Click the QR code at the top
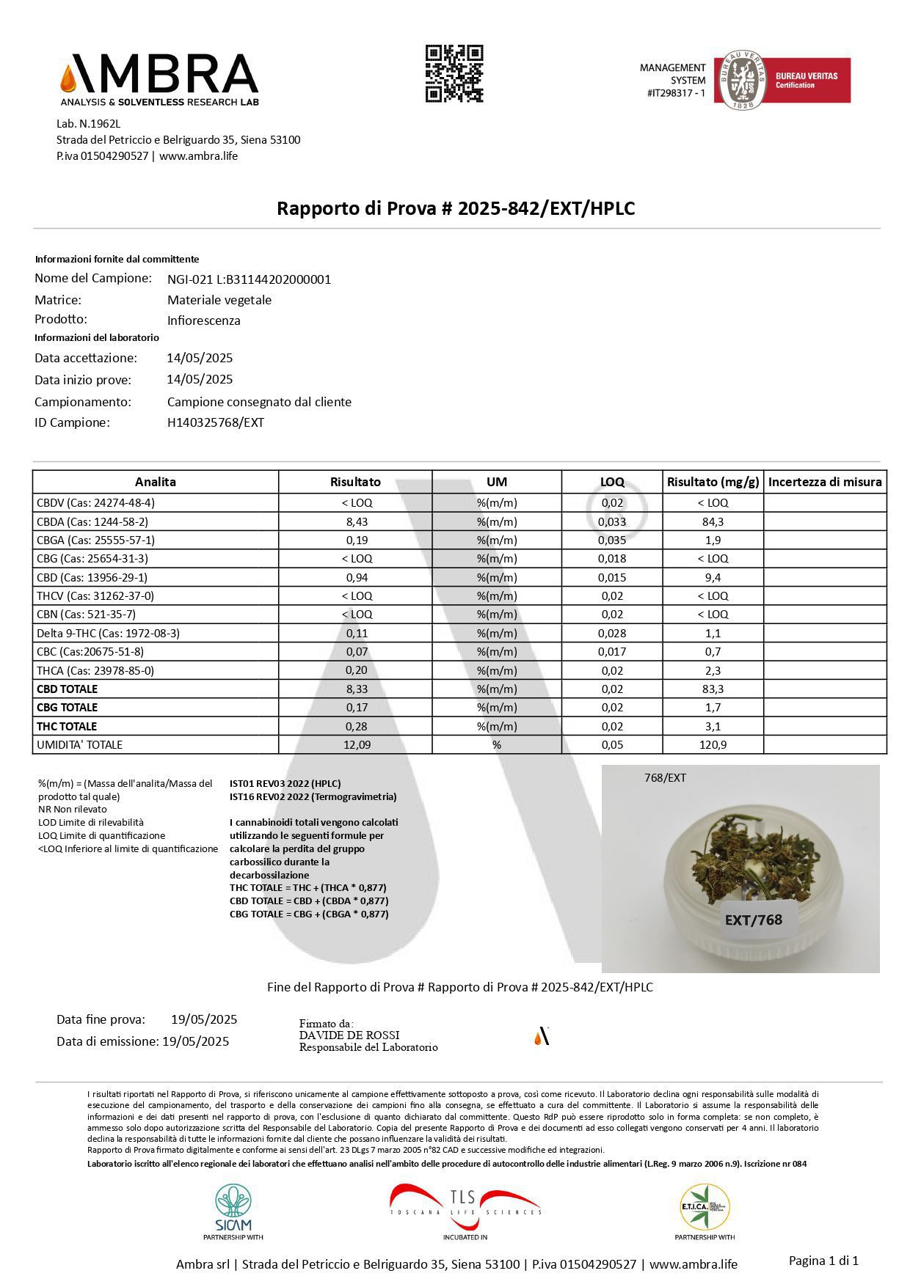[454, 73]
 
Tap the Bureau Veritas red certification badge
[806, 80]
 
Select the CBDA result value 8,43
[356, 521]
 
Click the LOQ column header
[612, 482]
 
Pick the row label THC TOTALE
[67, 726]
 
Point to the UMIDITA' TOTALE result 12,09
[356, 744]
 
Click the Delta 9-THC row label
[108, 633]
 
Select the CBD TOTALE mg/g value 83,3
[712, 689]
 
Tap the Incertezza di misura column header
[825, 482]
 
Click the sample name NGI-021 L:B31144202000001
[249, 279]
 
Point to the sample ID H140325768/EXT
[216, 422]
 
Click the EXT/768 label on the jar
[753, 920]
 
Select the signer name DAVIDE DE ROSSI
[349, 1035]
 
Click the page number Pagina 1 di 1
[823, 1261]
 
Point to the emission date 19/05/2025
[195, 1041]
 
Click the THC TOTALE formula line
[308, 887]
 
